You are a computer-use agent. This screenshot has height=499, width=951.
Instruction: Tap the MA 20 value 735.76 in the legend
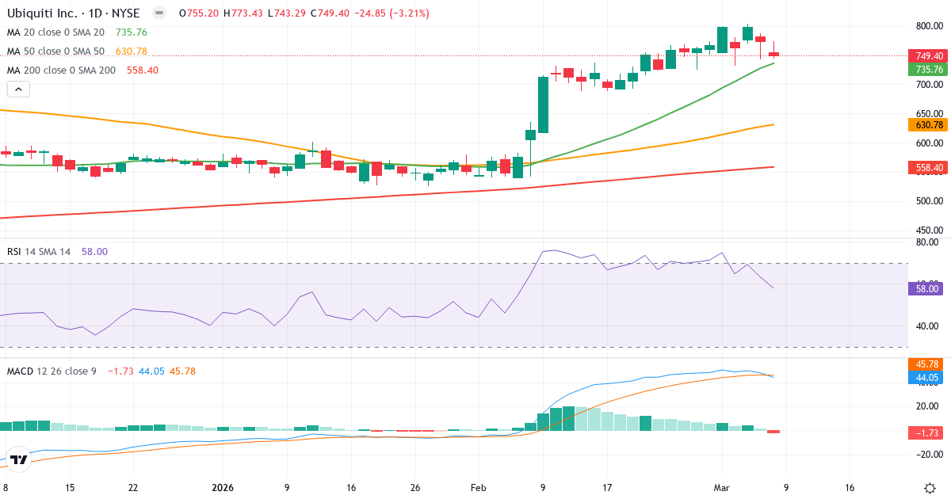click(131, 32)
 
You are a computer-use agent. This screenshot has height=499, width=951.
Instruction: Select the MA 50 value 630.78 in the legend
click(131, 51)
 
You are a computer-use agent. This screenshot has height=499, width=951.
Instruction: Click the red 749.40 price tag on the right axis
click(928, 56)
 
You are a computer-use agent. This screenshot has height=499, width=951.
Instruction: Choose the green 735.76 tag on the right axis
click(928, 70)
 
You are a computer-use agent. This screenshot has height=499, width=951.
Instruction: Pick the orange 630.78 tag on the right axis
click(928, 125)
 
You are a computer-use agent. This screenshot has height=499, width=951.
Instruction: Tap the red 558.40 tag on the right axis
click(928, 168)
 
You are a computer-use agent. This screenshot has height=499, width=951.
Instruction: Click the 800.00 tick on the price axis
click(928, 26)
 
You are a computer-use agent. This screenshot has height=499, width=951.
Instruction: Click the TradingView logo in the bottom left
click(20, 459)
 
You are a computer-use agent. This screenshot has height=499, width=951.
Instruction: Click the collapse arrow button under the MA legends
click(18, 90)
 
